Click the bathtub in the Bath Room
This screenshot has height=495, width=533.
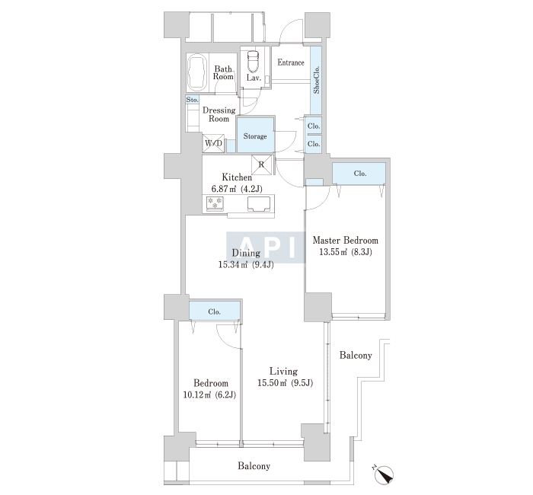pyautogui.click(x=197, y=72)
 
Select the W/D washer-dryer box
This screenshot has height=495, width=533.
pyautogui.click(x=213, y=143)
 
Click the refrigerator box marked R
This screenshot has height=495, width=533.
pyautogui.click(x=262, y=165)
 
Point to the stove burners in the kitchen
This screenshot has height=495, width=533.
pyautogui.click(x=215, y=203)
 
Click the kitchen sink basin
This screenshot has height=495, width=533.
pyautogui.click(x=258, y=203)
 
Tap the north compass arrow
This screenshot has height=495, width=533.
pyautogui.click(x=384, y=474)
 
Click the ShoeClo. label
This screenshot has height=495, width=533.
pyautogui.click(x=316, y=80)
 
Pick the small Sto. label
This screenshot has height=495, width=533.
pyautogui.click(x=193, y=100)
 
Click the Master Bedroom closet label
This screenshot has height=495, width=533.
pyautogui.click(x=360, y=174)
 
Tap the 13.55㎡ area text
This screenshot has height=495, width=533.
pyautogui.click(x=334, y=252)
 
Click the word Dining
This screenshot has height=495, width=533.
pyautogui.click(x=246, y=253)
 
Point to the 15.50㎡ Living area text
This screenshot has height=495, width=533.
pyautogui.click(x=272, y=383)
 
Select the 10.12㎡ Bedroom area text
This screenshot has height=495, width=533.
pyautogui.click(x=197, y=394)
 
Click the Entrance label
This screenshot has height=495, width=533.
pyautogui.click(x=291, y=62)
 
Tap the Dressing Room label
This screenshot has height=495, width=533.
pyautogui.click(x=219, y=114)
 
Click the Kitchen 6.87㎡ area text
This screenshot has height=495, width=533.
pyautogui.click(x=225, y=189)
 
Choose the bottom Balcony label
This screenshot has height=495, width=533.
pyautogui.click(x=254, y=466)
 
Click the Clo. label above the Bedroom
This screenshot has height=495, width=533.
pyautogui.click(x=214, y=311)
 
